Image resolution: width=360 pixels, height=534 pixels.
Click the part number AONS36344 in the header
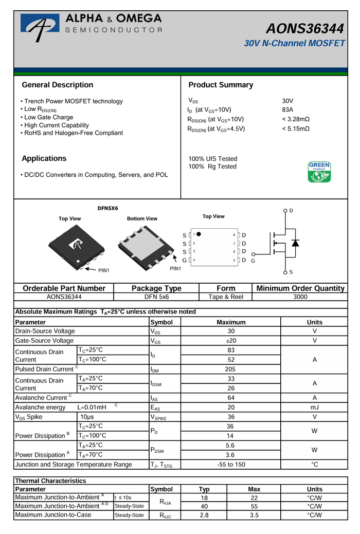(306, 29)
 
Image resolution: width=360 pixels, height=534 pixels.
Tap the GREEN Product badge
(319, 172)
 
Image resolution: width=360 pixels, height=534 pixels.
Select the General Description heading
(58, 85)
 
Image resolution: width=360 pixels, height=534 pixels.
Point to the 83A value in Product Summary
(287, 110)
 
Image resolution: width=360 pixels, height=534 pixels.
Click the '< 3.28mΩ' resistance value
(296, 119)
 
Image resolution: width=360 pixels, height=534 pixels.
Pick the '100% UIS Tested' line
(213, 159)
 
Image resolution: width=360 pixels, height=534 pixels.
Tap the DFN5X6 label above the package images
(108, 208)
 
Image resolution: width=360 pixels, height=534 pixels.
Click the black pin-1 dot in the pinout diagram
(199, 234)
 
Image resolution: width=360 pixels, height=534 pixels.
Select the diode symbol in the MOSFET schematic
(295, 243)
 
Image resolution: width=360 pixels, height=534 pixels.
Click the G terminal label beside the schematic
(253, 261)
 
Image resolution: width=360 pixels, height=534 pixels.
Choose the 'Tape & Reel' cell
(226, 297)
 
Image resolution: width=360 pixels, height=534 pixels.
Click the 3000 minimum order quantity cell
(300, 297)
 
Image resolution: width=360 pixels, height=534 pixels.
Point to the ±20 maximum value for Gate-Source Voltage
(231, 341)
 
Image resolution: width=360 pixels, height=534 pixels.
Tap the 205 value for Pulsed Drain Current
(231, 369)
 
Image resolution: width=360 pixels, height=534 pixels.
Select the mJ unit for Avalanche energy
(314, 408)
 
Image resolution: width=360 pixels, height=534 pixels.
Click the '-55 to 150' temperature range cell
(231, 465)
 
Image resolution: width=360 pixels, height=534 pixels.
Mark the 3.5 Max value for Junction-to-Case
(254, 515)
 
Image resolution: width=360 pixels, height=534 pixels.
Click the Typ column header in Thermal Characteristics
(204, 489)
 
